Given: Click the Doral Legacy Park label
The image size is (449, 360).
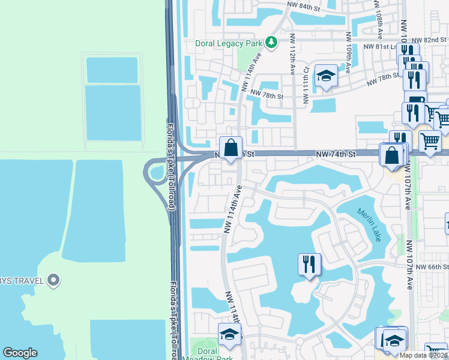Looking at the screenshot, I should (230, 43).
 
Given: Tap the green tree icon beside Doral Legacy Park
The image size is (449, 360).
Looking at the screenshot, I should (272, 43).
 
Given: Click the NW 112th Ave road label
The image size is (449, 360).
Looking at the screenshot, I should (292, 53).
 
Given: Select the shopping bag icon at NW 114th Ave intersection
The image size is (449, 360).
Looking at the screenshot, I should (231, 148).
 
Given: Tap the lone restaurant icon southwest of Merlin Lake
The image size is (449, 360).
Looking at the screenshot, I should (310, 265).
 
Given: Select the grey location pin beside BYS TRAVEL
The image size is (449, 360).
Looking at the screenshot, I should (53, 280).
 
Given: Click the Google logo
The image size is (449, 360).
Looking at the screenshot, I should (20, 353).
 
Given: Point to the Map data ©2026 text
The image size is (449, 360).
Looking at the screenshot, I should (423, 355).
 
